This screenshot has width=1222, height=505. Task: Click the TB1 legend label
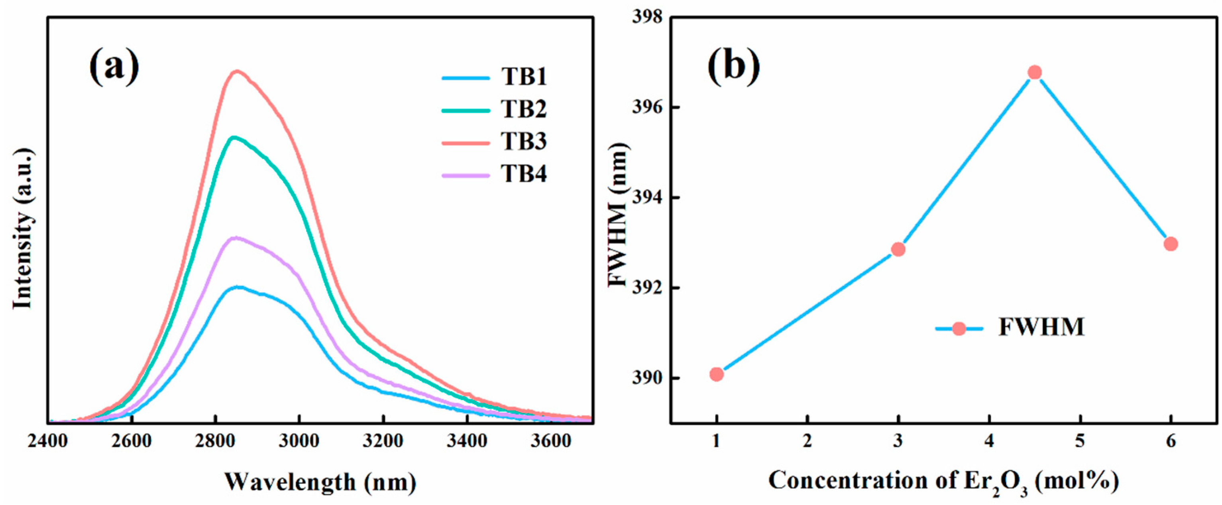523,77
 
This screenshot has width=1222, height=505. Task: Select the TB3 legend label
523,142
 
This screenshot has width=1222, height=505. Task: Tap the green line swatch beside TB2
466,110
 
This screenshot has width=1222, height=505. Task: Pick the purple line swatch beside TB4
466,175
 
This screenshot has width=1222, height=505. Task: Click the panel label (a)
114,67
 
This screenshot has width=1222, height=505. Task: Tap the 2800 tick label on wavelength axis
215,442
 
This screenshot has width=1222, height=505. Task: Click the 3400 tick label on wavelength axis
467,442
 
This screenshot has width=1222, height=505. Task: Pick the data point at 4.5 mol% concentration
1035,73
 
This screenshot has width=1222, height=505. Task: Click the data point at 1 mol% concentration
717,375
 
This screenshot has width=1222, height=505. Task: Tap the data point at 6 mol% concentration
1171,244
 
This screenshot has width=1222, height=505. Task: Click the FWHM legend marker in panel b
959,328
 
